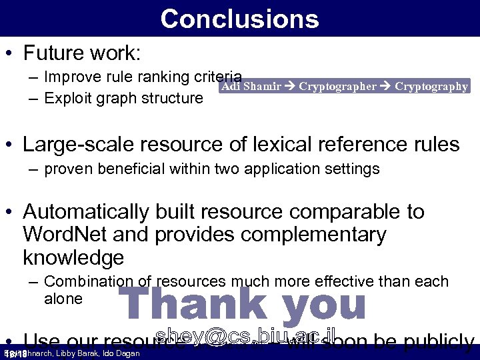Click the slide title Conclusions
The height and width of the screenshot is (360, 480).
pos(239,19)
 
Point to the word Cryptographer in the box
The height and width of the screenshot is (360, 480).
pos(337,87)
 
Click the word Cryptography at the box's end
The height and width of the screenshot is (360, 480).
pos(431,87)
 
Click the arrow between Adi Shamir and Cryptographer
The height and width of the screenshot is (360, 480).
pos(290,87)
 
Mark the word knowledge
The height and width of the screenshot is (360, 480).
pos(73,257)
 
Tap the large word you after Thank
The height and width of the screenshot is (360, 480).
pos(324,303)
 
